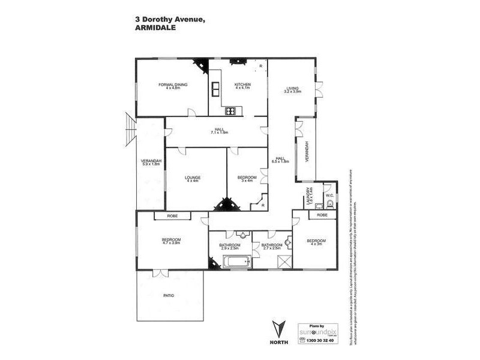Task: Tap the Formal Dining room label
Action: (x=173, y=86)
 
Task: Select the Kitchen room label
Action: (x=242, y=86)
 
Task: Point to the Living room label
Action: (x=292, y=91)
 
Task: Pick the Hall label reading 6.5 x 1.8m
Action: (x=280, y=159)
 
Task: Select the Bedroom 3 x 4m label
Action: (x=247, y=179)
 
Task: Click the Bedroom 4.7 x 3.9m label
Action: (x=171, y=241)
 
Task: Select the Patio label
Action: (x=169, y=295)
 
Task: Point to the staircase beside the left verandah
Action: (x=130, y=130)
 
